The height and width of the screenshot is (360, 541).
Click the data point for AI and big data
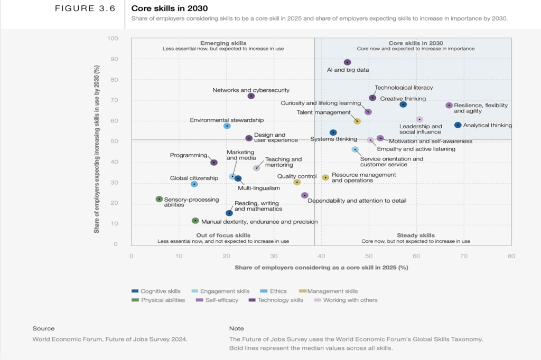(347, 62)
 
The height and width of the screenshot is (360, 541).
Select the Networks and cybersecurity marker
(251, 96)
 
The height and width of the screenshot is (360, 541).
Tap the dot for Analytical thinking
(458, 125)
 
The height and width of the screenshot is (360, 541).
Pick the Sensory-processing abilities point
(159, 199)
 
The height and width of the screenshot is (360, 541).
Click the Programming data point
(214, 163)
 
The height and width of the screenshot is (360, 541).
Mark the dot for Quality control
(297, 182)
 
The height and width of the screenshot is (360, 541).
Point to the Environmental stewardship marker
(227, 126)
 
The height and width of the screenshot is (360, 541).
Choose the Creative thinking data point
(403, 105)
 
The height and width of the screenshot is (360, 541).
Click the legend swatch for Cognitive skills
(135, 291)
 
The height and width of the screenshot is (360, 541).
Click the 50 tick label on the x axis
(369, 256)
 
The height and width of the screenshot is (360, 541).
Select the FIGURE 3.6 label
(85, 8)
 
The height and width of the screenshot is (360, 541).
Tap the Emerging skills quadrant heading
(223, 43)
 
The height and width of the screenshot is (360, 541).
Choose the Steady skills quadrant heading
(415, 235)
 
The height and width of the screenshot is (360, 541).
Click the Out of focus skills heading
(223, 235)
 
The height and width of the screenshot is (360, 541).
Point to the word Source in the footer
(43, 328)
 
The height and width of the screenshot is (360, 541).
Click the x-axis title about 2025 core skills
(321, 268)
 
